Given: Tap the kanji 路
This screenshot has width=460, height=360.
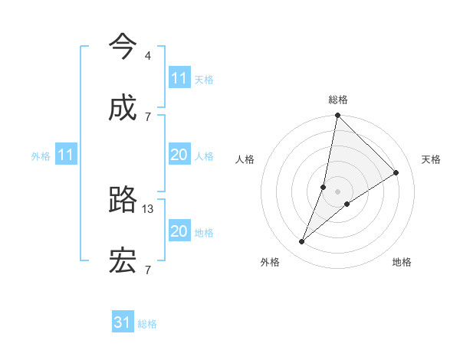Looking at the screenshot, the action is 123,200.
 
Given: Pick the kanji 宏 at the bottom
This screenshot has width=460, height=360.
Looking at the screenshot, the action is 123,261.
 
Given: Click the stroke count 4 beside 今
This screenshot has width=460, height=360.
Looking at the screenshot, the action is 147,55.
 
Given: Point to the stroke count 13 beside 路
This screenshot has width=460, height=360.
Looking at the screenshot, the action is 149,208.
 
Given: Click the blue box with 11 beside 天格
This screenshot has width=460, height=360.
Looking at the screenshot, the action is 179,78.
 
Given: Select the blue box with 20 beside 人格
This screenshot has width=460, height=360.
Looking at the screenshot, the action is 179,155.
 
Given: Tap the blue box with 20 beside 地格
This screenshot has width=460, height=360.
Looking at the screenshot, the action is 179,231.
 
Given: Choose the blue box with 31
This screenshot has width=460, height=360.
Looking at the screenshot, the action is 123,322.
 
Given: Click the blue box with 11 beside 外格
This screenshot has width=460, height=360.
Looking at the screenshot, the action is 65,155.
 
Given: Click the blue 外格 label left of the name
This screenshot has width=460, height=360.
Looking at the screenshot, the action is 41,156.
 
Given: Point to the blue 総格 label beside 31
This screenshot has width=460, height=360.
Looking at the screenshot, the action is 147,324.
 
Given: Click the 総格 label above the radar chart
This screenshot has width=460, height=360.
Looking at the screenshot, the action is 338,100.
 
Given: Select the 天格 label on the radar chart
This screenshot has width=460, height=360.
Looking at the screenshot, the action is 432,159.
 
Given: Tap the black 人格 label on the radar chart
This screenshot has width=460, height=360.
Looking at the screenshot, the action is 245,159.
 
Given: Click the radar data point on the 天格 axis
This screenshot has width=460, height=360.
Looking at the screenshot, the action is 396,173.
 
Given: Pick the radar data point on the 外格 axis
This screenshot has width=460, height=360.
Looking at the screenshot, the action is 302,242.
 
